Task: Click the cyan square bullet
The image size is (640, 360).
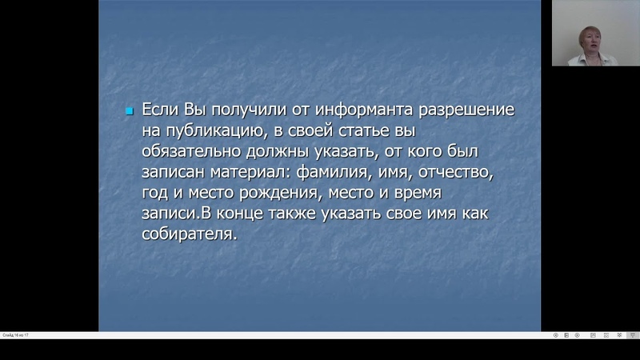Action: pos(130,111)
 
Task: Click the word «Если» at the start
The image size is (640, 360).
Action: pos(161,110)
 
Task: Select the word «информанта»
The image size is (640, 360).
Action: pos(364,110)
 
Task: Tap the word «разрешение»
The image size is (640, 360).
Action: pos(466,110)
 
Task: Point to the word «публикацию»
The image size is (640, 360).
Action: pos(215,131)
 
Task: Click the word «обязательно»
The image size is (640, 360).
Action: pos(191,151)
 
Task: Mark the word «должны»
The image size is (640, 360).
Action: pos(278,152)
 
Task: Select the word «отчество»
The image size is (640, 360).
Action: pos(456,172)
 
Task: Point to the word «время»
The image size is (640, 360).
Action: pos(418,193)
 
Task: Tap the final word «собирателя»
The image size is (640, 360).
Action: pos(190,234)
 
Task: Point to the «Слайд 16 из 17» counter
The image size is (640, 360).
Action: pos(15,335)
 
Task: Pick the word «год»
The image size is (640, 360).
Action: pos(154,194)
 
